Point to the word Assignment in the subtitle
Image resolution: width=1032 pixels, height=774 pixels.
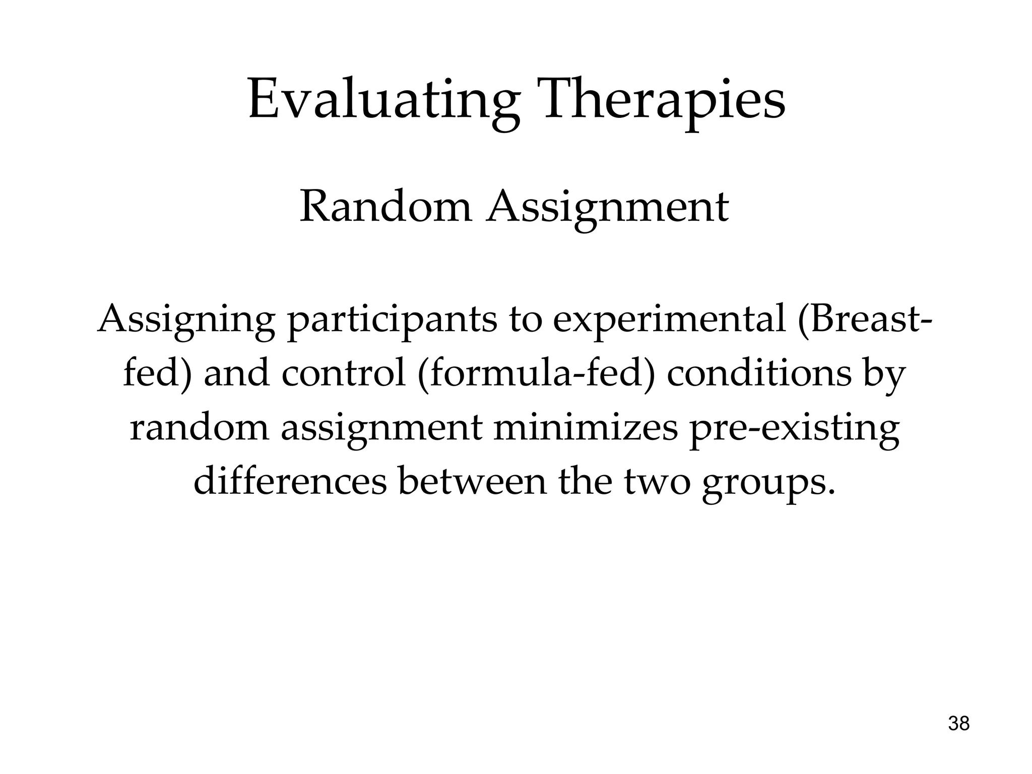(607, 208)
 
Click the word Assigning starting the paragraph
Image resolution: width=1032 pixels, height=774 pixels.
(186, 320)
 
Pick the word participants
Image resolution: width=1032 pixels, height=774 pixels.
(392, 320)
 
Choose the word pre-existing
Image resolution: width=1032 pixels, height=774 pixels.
(794, 429)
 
